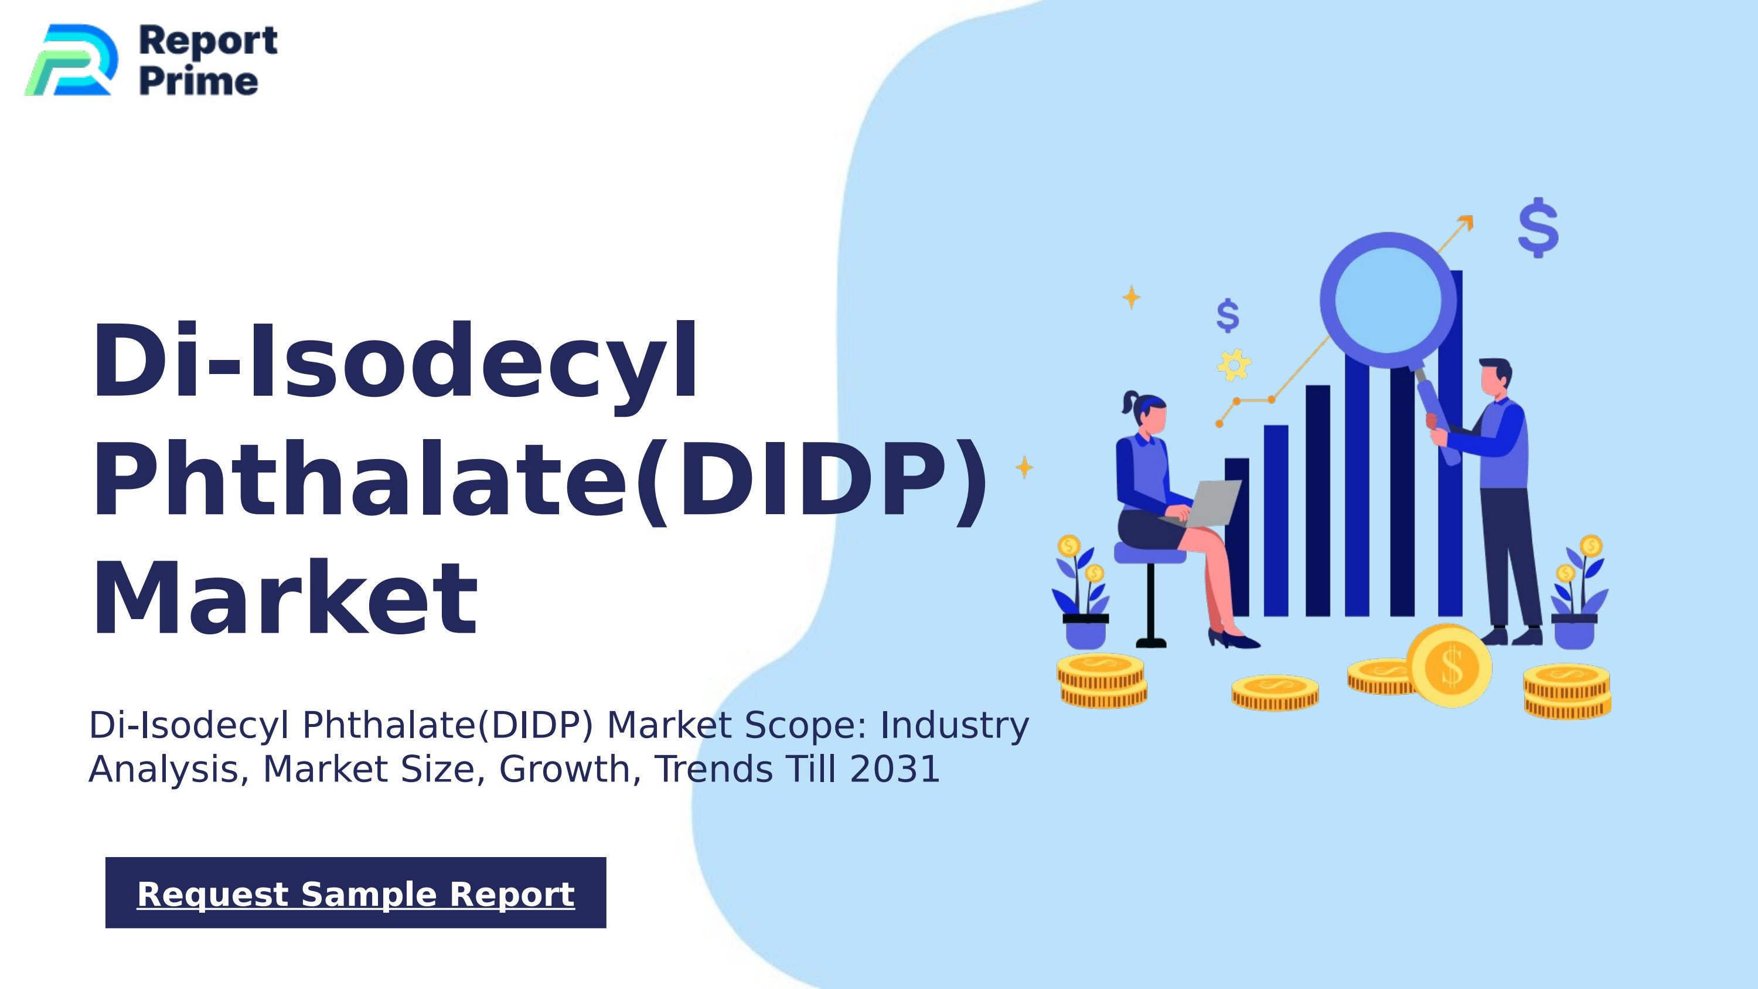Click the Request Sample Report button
click(x=356, y=893)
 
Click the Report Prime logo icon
click(x=70, y=60)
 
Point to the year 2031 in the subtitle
click(x=895, y=769)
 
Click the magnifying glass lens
click(x=1388, y=300)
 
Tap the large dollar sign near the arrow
click(x=1538, y=228)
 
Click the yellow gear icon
click(x=1234, y=365)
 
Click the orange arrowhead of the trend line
click(x=1465, y=223)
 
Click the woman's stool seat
click(x=1149, y=553)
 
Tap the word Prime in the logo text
click(x=199, y=82)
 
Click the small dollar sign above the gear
click(x=1228, y=315)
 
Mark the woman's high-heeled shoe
click(x=1235, y=640)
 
